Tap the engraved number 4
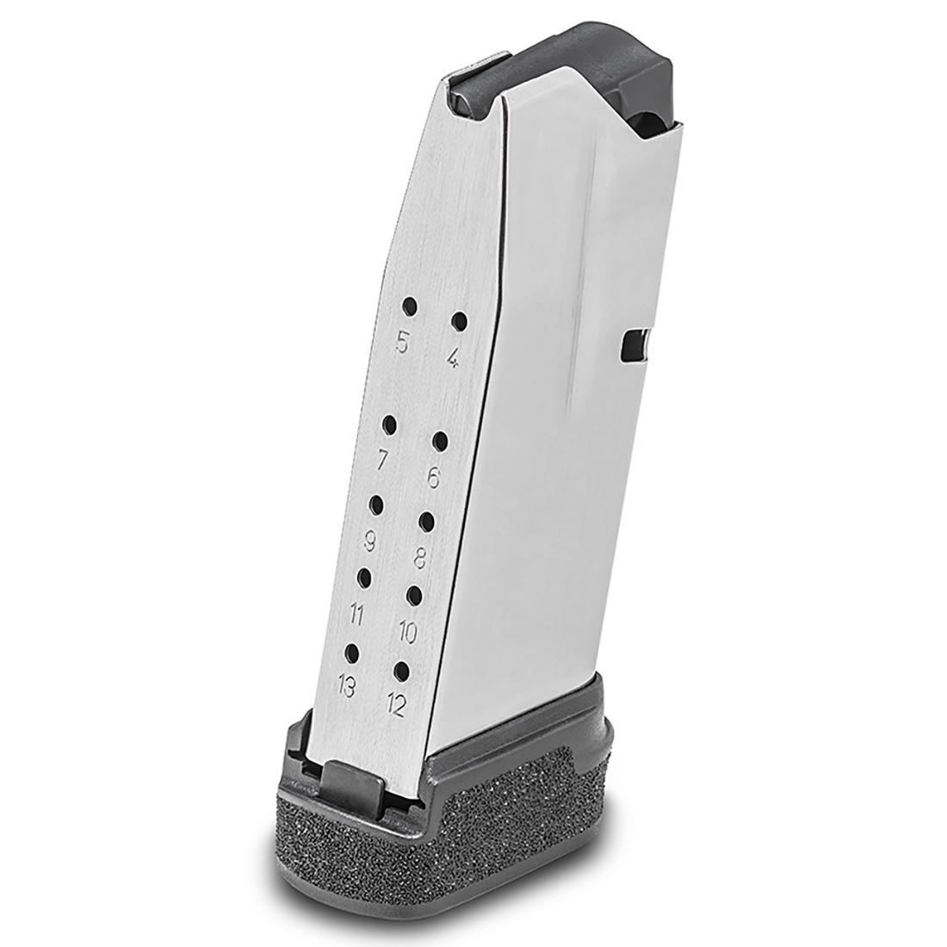[453, 359]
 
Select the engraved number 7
[382, 461]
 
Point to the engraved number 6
[433, 479]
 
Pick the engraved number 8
[421, 560]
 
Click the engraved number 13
[346, 687]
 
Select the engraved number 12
[395, 705]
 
